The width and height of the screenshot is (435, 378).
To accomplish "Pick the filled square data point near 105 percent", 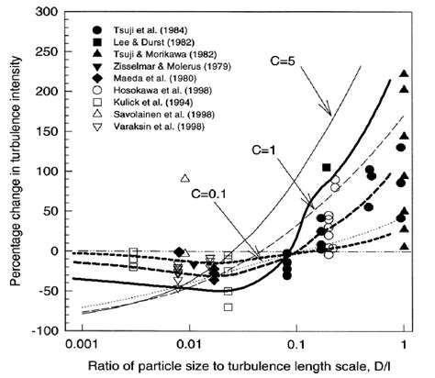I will (328, 168).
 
